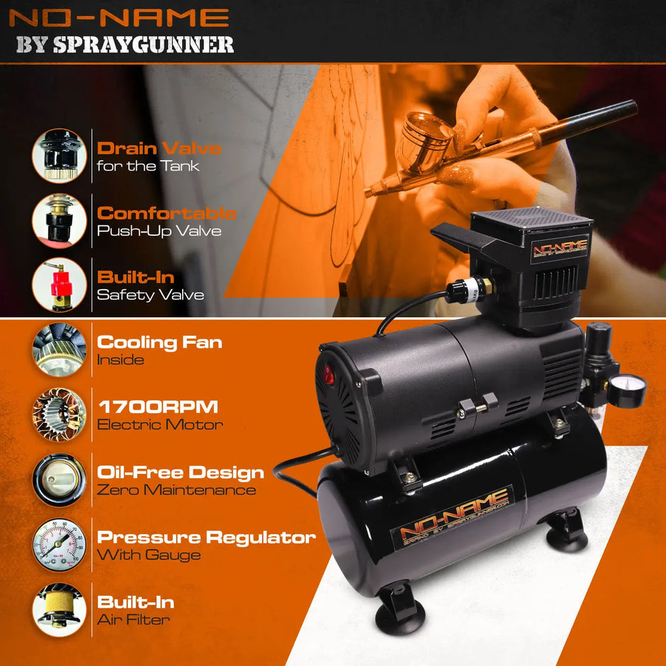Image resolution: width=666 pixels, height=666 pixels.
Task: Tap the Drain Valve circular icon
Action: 60,155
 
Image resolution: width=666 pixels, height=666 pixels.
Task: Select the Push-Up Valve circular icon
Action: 60,220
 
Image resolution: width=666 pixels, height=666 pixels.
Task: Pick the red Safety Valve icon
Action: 60,284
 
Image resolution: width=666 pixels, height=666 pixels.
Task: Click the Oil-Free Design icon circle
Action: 60,479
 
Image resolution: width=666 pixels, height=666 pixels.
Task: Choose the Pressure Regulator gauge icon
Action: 60,544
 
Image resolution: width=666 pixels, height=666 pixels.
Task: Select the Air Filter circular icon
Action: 60,609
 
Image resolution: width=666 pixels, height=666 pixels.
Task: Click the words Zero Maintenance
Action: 176,490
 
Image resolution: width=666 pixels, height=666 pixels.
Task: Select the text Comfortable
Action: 166,213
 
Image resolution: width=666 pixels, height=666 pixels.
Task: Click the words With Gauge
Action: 149,555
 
